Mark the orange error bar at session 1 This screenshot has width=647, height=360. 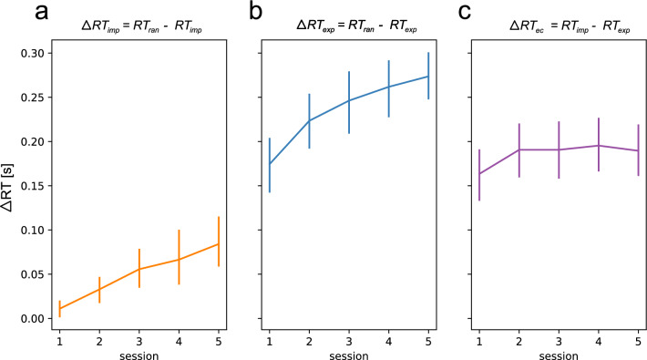click(x=59, y=309)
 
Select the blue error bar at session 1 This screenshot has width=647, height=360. click(x=271, y=164)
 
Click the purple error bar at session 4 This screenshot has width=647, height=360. click(x=597, y=145)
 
